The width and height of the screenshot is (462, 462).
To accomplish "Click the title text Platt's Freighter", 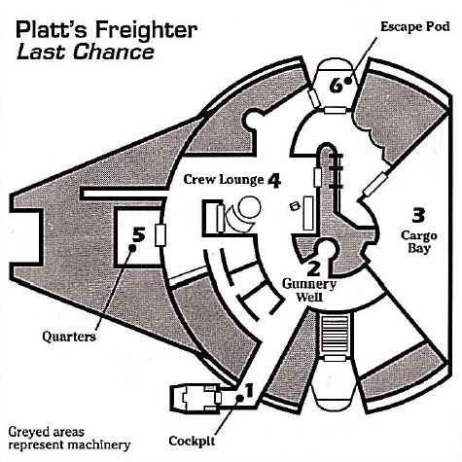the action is tap(107, 30).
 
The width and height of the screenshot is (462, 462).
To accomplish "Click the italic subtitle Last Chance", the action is tap(86, 53).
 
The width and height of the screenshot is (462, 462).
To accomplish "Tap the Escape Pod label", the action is tap(415, 26).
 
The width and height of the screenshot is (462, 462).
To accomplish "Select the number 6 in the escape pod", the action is tap(336, 86).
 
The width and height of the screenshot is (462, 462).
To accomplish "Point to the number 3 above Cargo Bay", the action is tap(418, 215).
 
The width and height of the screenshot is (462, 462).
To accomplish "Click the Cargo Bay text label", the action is tap(419, 242).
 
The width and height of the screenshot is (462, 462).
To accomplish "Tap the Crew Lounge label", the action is tap(224, 179).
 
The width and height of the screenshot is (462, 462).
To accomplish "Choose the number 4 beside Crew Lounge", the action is tap(274, 181).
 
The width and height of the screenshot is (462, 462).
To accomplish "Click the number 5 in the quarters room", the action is tap(139, 234).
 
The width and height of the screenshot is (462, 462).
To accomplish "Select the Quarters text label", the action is tap(69, 337).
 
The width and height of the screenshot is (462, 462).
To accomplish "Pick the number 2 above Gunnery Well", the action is tap(313, 267).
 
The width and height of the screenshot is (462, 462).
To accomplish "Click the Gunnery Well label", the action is tap(309, 290).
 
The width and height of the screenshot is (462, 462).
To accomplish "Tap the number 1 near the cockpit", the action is tap(249, 390).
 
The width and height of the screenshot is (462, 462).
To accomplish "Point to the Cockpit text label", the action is tap(192, 441).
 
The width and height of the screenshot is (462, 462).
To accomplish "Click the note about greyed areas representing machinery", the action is tap(69, 439).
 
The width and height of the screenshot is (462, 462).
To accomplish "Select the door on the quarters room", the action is tap(160, 234).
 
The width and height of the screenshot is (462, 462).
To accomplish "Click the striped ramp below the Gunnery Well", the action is tap(336, 334).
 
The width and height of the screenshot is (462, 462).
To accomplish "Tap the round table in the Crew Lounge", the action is tap(249, 208).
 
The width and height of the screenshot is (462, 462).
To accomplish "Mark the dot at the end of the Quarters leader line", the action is tap(132, 248).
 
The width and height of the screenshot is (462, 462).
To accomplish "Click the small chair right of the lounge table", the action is tap(295, 206).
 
